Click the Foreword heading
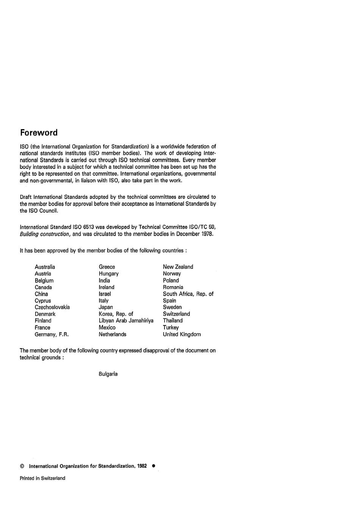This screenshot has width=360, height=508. (x=39, y=133)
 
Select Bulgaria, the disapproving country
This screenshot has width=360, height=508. (x=108, y=374)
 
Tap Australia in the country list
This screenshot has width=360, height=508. (x=45, y=267)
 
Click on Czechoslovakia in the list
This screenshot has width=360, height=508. (x=52, y=307)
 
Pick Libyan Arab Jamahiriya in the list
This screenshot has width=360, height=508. (x=126, y=320)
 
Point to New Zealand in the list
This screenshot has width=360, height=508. (x=178, y=267)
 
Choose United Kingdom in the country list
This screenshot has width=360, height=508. (x=182, y=334)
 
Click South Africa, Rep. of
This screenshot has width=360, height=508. (x=188, y=294)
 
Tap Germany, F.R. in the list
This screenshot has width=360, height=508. (x=52, y=334)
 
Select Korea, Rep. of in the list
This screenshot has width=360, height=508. (x=116, y=314)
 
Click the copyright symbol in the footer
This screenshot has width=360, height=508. (x=22, y=466)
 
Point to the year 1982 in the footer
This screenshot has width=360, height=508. (x=142, y=466)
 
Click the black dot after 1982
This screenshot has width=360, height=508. (x=153, y=466)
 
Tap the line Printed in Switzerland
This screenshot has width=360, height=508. (x=42, y=478)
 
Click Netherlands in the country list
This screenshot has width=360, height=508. (x=113, y=334)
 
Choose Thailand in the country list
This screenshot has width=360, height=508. (x=173, y=320)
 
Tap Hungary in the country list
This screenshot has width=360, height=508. (x=109, y=274)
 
